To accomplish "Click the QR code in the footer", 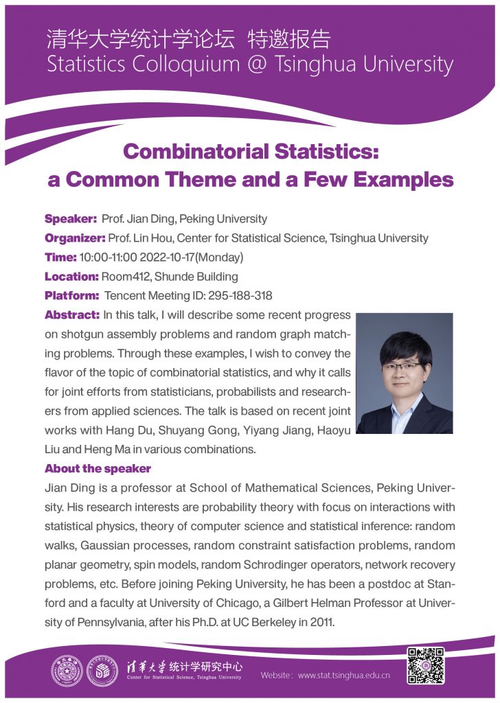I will tap(426, 665).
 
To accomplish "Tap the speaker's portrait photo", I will tap(405, 373).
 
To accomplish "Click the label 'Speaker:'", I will tap(71, 219).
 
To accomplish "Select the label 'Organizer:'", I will tap(75, 238).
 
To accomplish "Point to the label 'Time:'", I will tap(60, 257).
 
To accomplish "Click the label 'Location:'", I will tap(71, 277).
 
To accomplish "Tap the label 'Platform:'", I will tap(72, 296).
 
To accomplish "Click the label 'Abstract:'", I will tap(72, 315).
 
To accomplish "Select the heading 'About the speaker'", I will tap(98, 469).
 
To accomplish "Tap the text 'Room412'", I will tap(123, 277).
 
